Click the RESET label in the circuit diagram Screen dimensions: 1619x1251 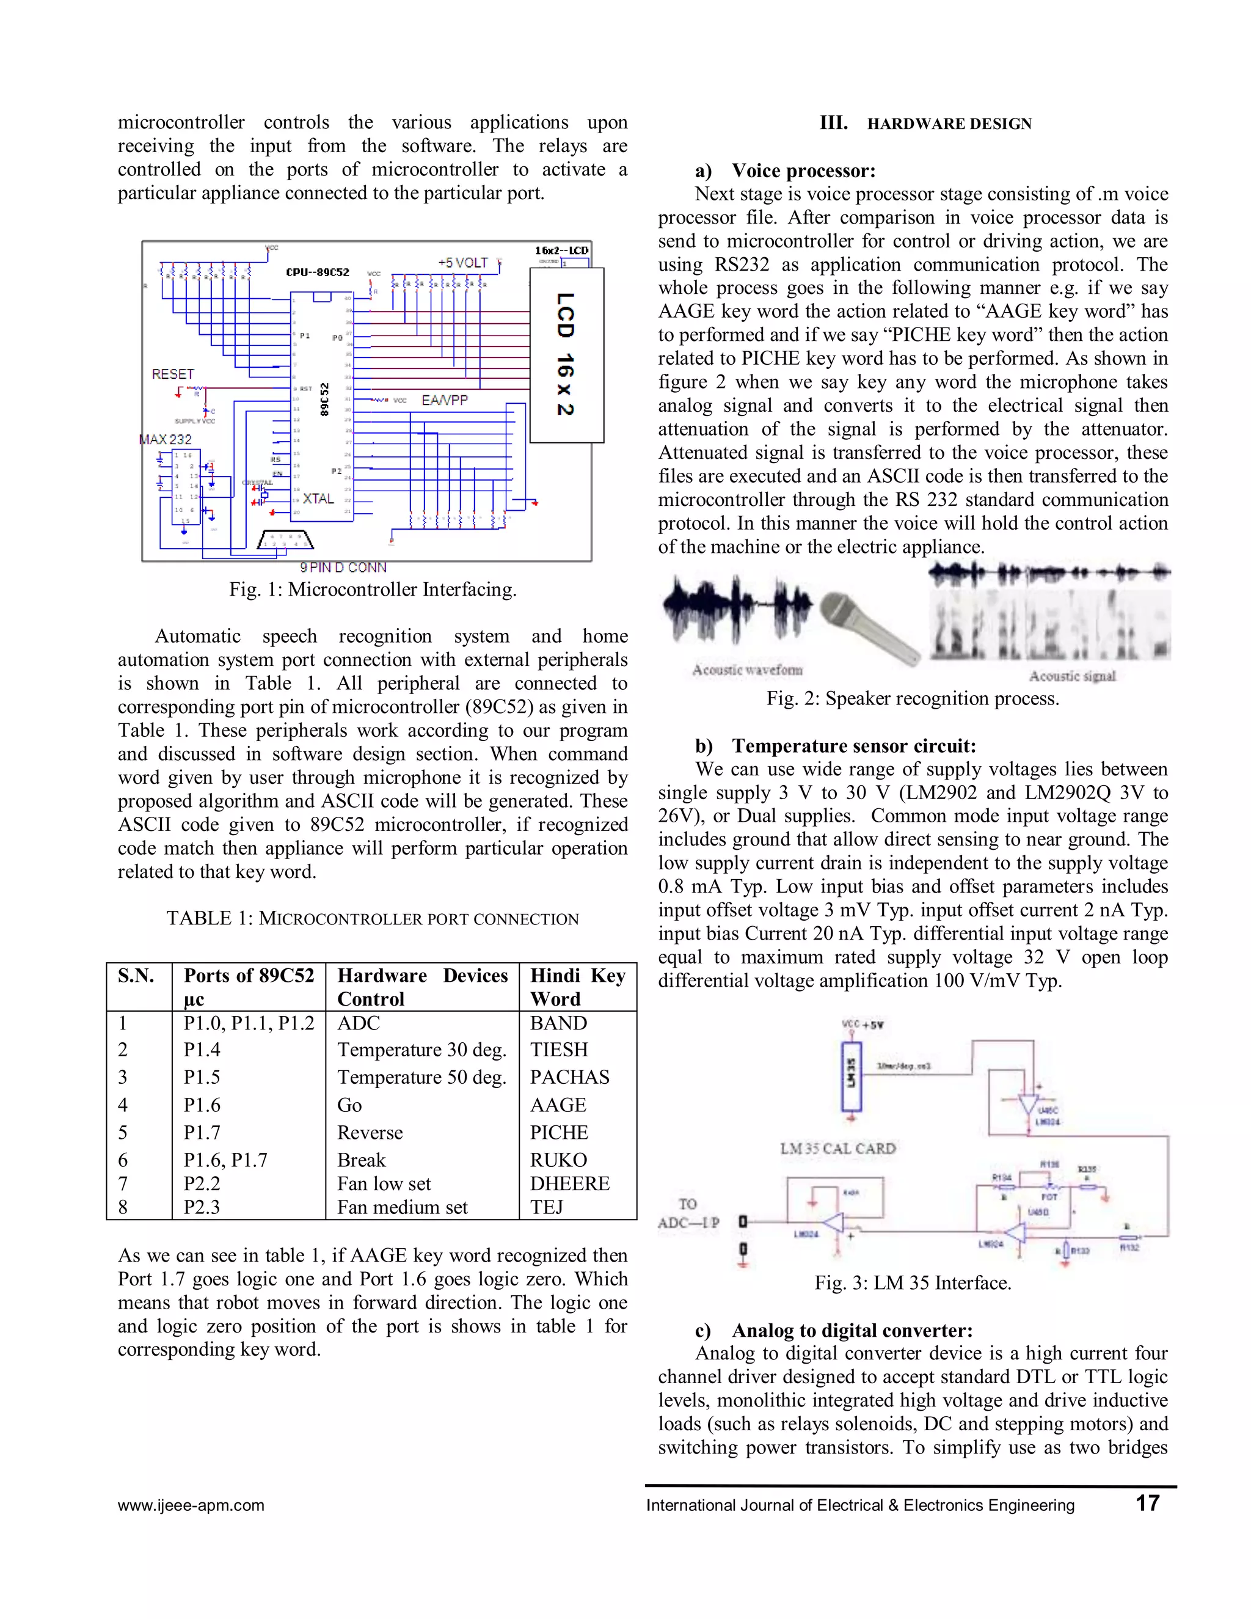pos(173,375)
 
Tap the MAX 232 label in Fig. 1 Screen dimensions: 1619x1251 pos(166,440)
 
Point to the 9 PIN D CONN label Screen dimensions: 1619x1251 pos(343,568)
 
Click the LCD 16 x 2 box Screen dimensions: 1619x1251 pos(566,354)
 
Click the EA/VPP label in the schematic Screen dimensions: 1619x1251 pos(445,400)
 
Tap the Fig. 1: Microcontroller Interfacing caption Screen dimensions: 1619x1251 pos(373,590)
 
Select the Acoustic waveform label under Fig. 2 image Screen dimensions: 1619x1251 pos(747,670)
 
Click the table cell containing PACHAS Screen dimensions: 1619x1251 pos(569,1077)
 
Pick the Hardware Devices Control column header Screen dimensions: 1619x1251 pos(421,987)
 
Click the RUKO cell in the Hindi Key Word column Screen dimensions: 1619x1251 pos(558,1160)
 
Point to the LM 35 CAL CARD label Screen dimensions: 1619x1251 pos(837,1149)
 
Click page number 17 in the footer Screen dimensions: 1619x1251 pos(1147,1504)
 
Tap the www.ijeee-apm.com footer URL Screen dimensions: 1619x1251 pos(191,1505)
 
